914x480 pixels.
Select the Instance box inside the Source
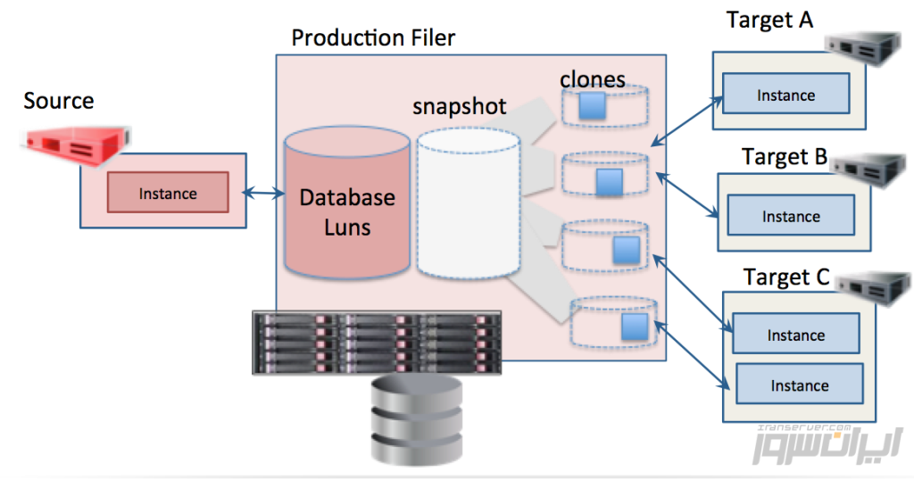pos(168,193)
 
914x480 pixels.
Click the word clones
pos(593,79)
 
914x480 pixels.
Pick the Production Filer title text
pos(373,37)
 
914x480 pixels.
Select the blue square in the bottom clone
pos(634,325)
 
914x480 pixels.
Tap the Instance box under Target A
pos(785,95)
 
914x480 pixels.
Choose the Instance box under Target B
pos(791,216)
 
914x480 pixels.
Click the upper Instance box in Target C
pos(795,335)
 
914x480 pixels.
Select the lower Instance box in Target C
pos(799,385)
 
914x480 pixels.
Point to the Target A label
pos(769,20)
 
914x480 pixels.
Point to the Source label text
pos(58,101)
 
